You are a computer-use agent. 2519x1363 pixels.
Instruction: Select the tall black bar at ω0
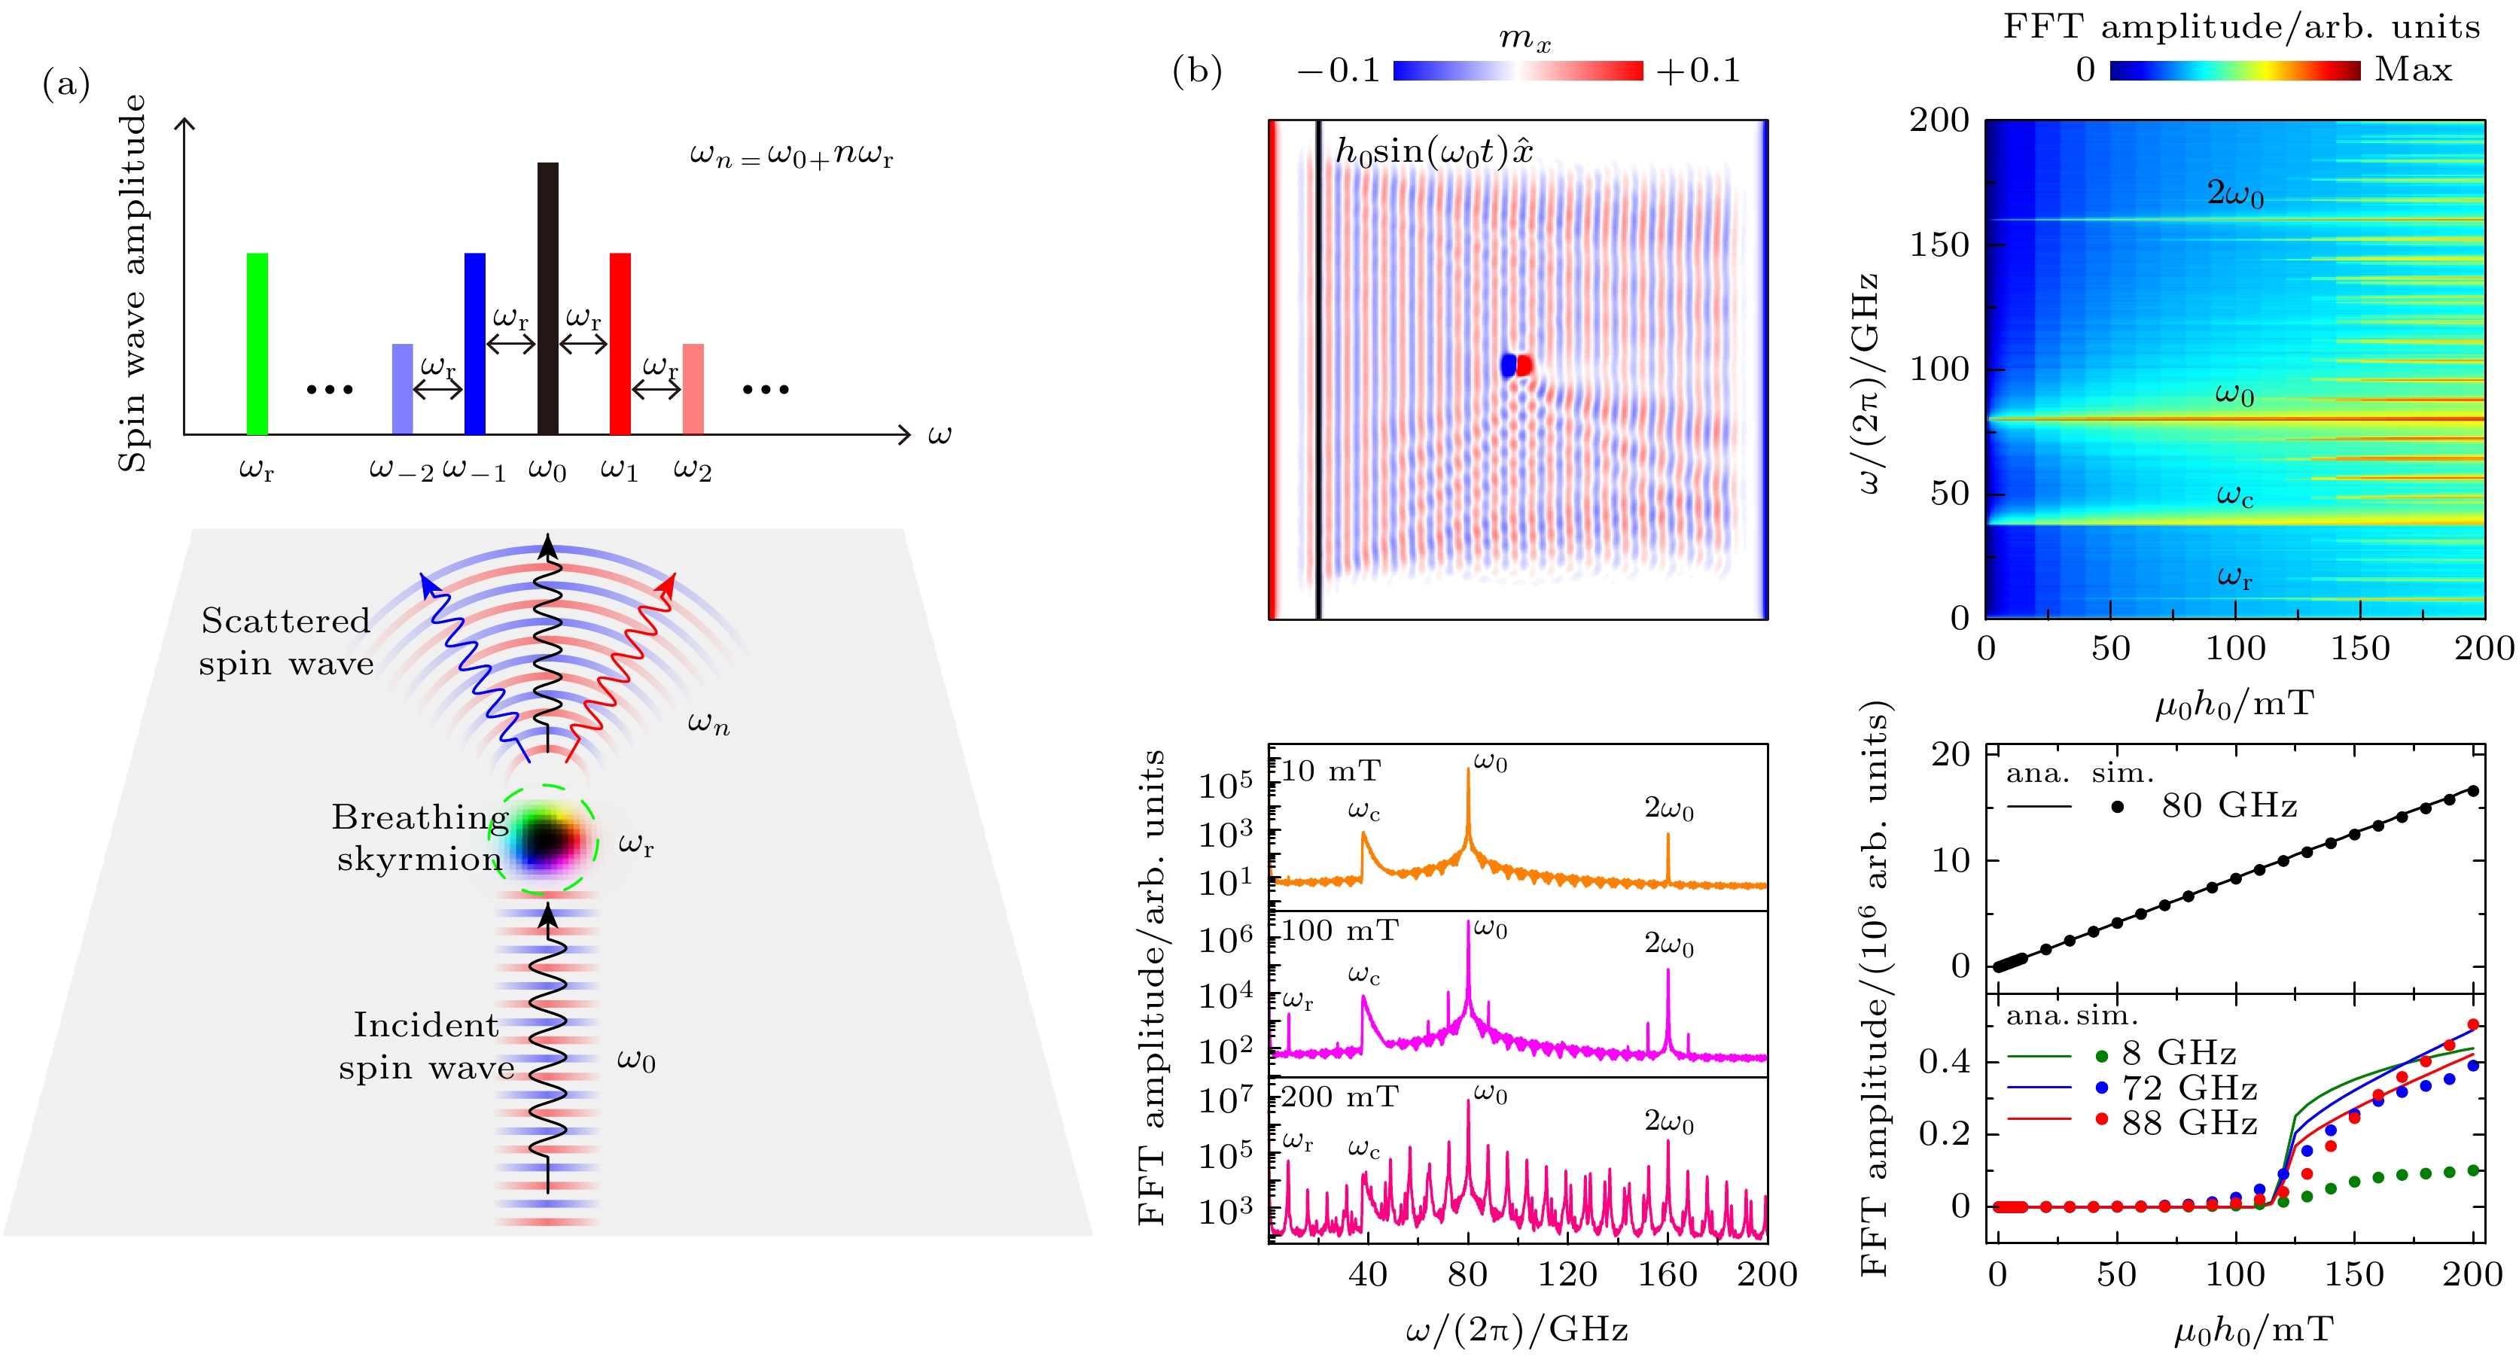click(x=547, y=298)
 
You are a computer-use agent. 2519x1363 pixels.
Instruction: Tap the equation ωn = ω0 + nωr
click(x=791, y=156)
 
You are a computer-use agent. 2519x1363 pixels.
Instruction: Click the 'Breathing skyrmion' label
click(x=421, y=838)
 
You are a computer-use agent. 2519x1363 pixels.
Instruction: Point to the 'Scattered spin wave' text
click(x=285, y=643)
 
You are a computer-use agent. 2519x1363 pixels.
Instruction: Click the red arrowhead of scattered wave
click(x=668, y=585)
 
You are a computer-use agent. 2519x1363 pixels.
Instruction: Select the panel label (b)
click(x=1197, y=71)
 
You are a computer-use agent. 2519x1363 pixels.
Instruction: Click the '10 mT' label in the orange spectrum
click(x=1331, y=771)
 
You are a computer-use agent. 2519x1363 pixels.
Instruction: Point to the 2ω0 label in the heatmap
click(x=2234, y=193)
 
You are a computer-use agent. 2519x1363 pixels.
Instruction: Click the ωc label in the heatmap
click(x=2234, y=497)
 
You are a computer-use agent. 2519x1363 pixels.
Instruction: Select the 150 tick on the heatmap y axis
click(x=1939, y=245)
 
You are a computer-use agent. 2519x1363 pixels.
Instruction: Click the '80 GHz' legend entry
click(x=2228, y=805)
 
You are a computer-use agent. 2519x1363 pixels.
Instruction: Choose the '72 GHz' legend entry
click(x=2189, y=1088)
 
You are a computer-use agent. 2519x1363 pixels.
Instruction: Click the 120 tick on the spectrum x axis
click(x=1567, y=1274)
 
